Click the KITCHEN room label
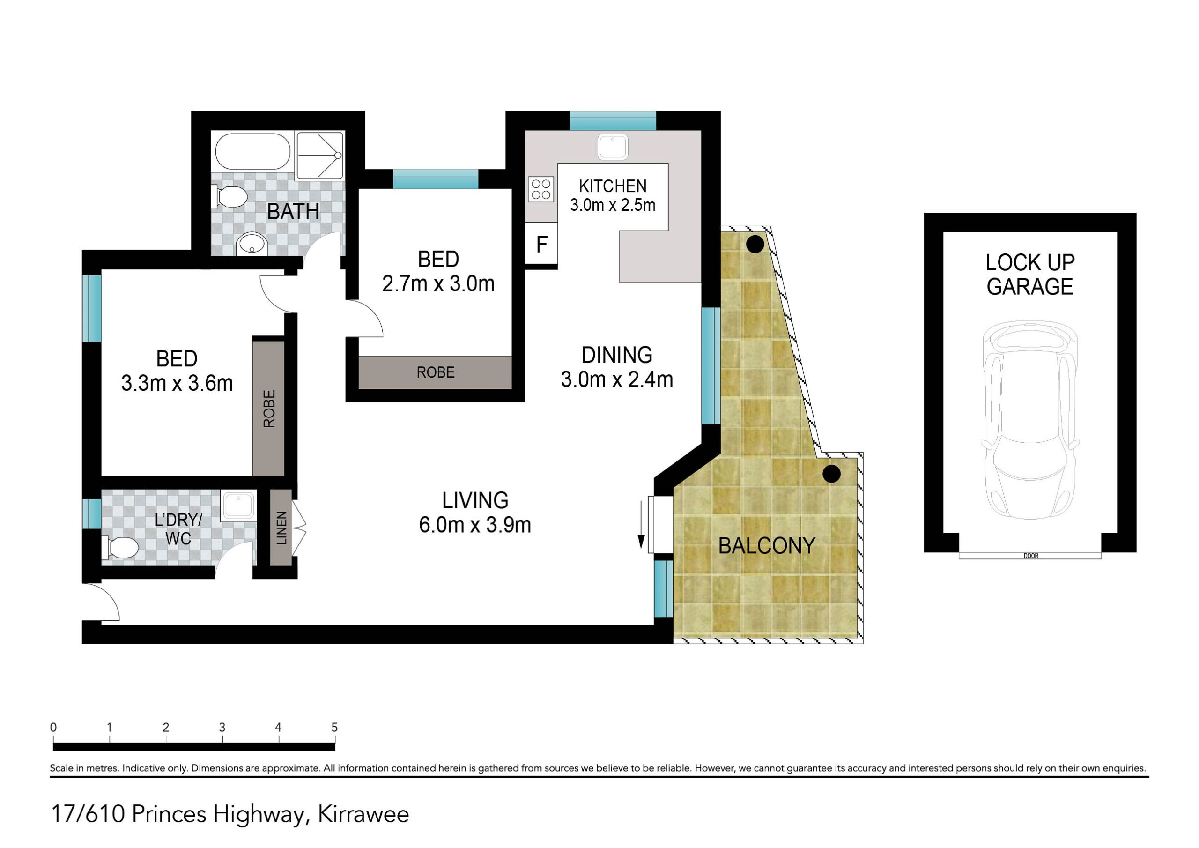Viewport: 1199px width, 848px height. point(613,186)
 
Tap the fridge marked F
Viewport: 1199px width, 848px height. point(541,244)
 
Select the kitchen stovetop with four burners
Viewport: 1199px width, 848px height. point(541,189)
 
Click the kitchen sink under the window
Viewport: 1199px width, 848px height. point(613,146)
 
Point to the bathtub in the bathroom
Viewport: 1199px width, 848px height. point(253,151)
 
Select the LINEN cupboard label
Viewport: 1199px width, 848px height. point(281,528)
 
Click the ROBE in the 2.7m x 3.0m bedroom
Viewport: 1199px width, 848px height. point(435,372)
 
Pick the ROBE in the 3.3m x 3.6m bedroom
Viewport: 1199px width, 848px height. point(269,409)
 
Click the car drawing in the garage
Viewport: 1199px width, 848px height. point(1030,420)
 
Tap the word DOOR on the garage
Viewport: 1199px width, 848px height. point(1031,556)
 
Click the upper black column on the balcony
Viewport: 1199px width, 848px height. point(755,244)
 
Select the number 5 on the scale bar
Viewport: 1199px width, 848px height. point(334,727)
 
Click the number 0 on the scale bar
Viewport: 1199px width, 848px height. point(53,727)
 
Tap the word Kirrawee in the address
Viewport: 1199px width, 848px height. point(363,814)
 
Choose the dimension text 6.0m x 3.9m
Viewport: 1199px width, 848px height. point(475,525)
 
